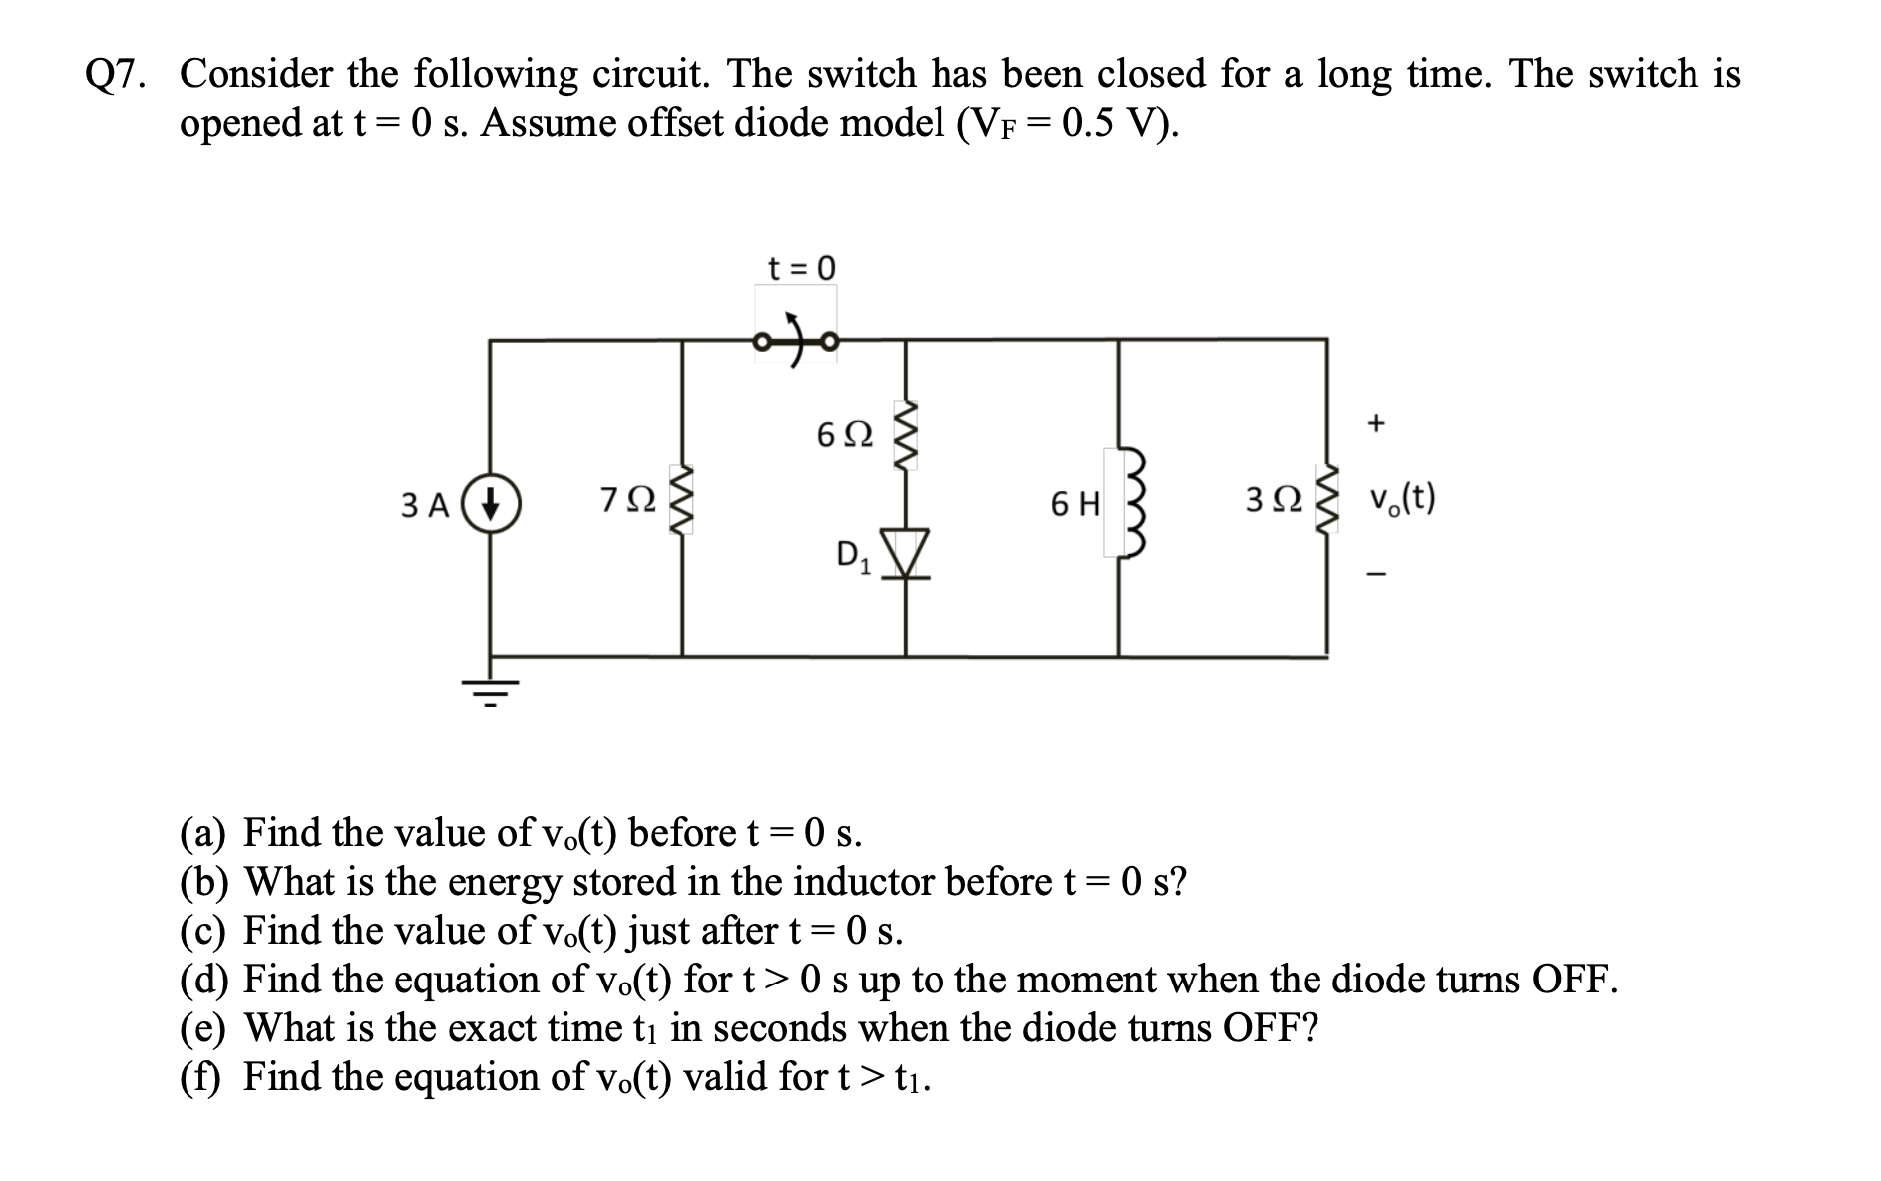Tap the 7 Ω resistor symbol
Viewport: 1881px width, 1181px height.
tap(682, 502)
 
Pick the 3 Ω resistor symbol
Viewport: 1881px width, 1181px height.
tap(1327, 503)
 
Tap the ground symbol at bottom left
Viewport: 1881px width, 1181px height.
tap(489, 688)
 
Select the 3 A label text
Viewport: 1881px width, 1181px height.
tap(424, 505)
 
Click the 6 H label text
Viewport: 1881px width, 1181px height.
tap(1075, 505)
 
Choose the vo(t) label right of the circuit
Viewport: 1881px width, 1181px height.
tap(1402, 497)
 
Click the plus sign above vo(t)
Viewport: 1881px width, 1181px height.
tap(1376, 423)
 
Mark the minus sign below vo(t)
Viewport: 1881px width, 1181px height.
tap(1376, 574)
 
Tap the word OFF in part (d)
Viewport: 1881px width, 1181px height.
tap(1569, 980)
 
